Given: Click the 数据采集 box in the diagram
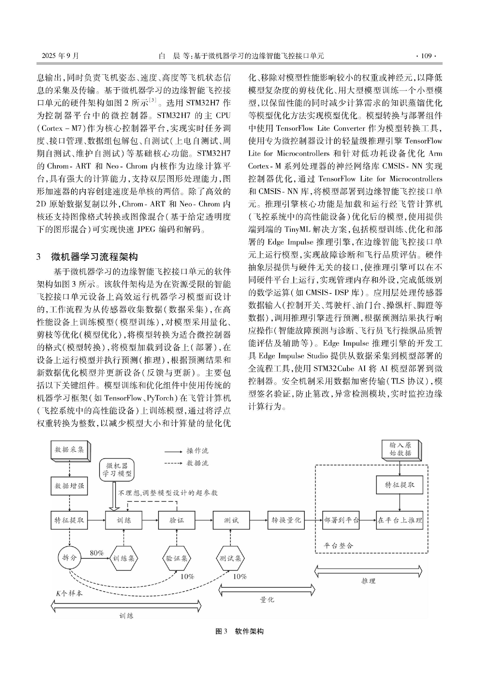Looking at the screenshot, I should [70, 450].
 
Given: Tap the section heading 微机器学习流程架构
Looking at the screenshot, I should [94, 256].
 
